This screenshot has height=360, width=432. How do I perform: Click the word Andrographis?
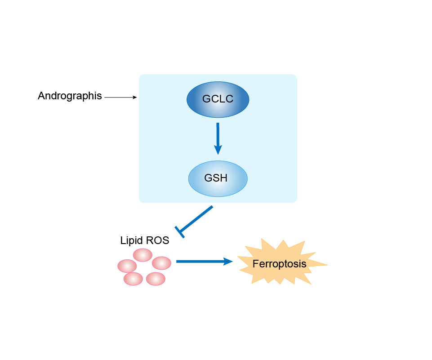(x=70, y=96)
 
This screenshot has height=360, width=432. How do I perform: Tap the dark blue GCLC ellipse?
(x=218, y=99)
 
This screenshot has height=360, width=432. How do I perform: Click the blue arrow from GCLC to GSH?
(x=218, y=137)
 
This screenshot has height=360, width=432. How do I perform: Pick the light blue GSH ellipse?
(x=218, y=178)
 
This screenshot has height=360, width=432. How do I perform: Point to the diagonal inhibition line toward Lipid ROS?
(x=197, y=219)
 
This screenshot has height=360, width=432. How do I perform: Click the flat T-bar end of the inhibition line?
(x=180, y=232)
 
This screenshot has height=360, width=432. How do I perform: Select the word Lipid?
(x=131, y=240)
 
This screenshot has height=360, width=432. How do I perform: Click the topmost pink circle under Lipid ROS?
(x=143, y=255)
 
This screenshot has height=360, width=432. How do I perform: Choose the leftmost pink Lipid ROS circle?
(x=127, y=266)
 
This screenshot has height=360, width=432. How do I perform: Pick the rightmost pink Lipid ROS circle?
(x=161, y=263)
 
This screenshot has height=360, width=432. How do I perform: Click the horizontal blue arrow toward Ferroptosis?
(x=202, y=261)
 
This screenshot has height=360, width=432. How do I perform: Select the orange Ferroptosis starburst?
(x=280, y=264)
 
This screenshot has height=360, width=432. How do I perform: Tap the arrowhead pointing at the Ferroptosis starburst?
(x=228, y=261)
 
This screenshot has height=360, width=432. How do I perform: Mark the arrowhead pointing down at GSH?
(x=218, y=150)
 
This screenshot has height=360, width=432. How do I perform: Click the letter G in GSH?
(x=208, y=178)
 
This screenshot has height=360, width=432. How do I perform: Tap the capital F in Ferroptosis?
(x=255, y=264)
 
